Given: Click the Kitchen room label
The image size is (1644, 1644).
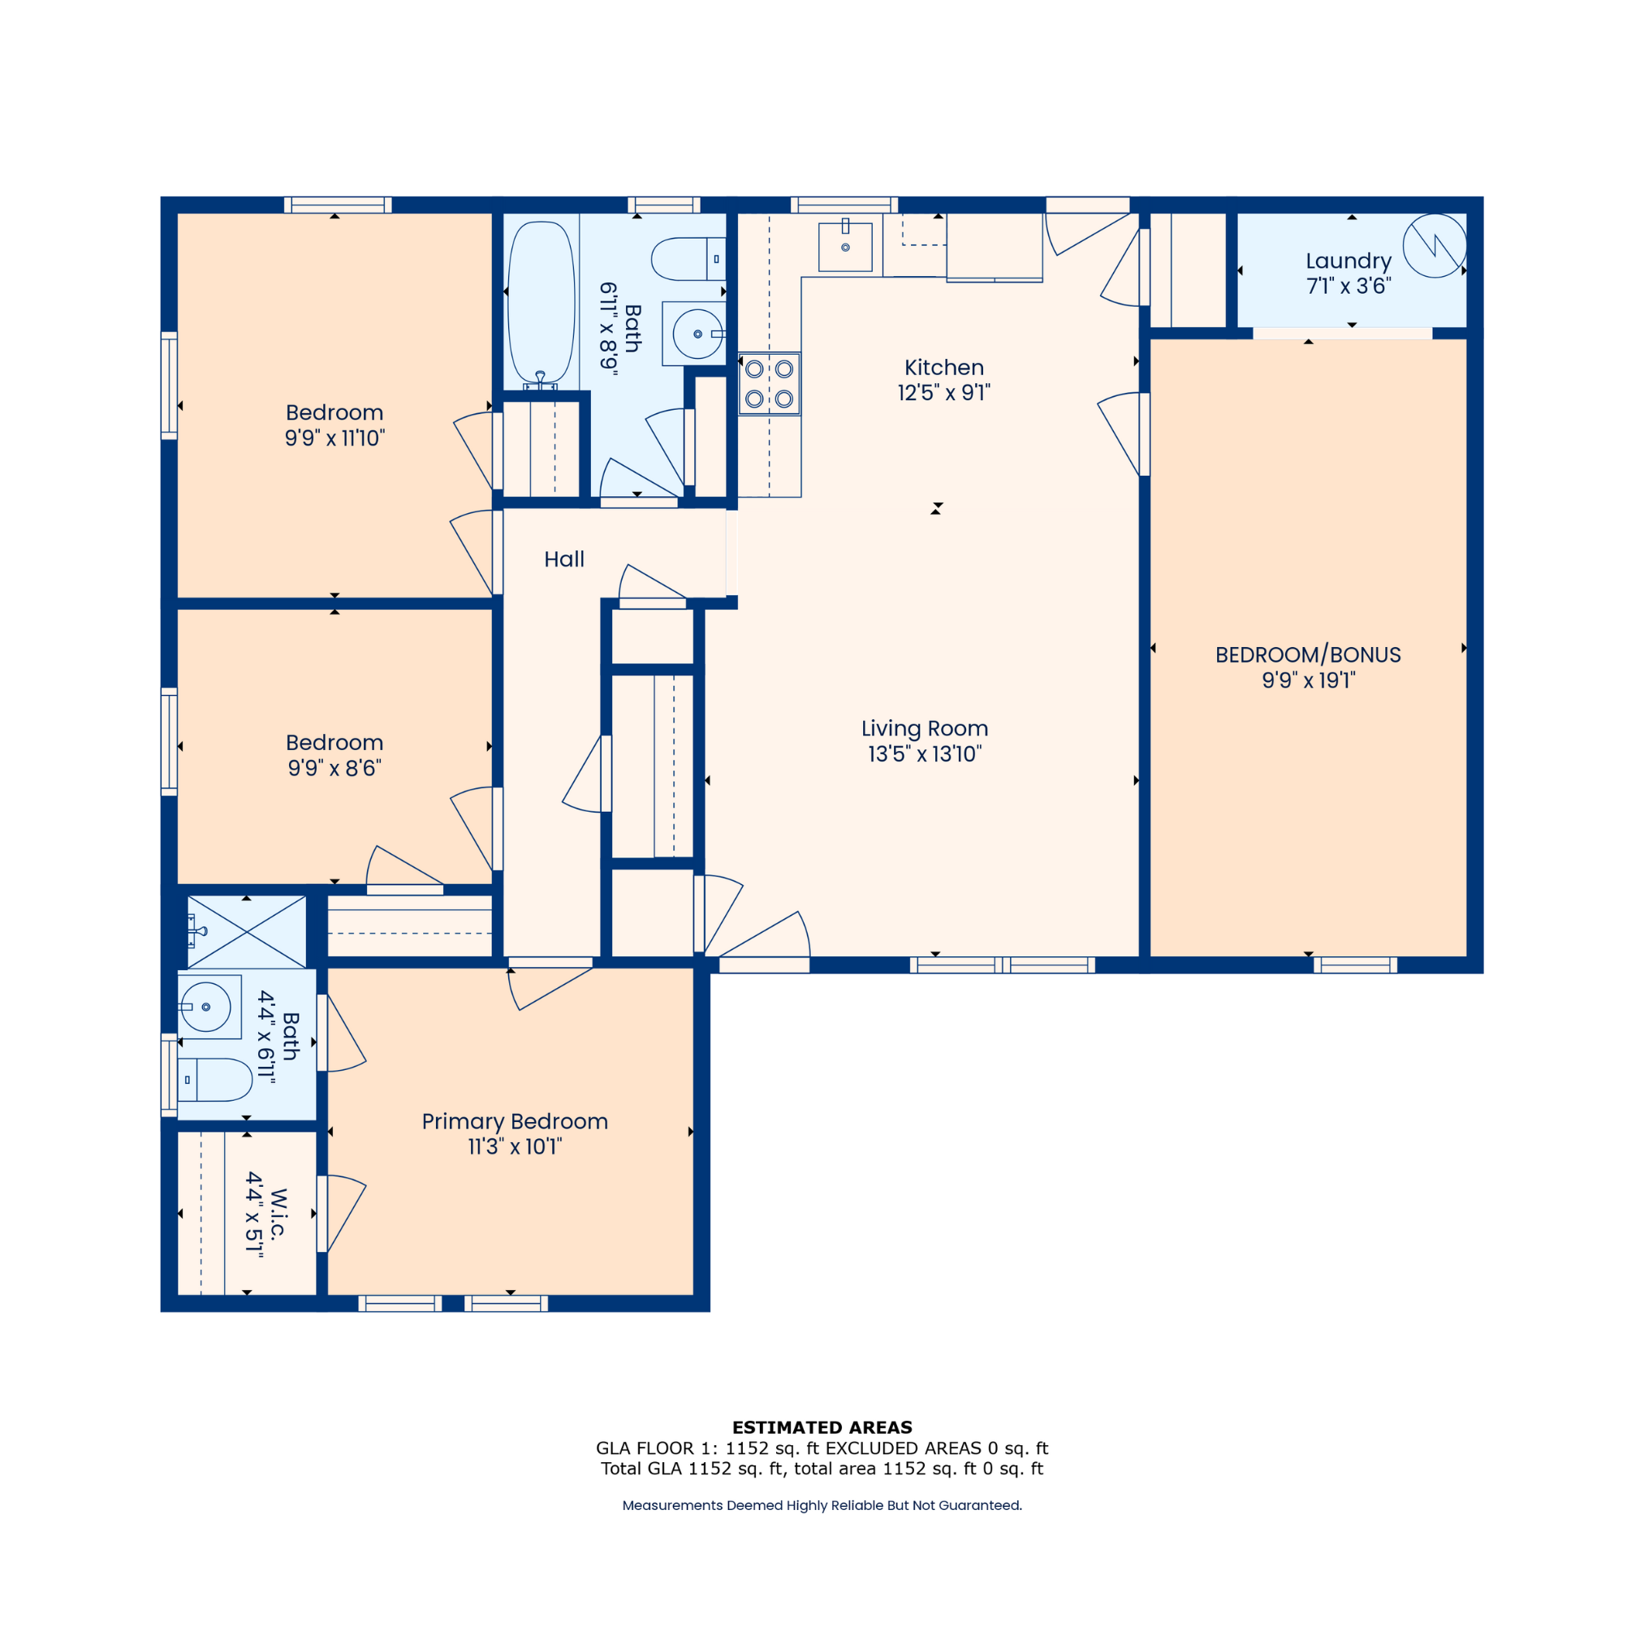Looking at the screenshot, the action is (943, 368).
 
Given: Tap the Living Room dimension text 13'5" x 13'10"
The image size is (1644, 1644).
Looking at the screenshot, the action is (924, 754).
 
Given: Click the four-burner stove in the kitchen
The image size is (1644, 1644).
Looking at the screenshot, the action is (770, 384).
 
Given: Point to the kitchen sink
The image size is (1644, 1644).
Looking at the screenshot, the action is (845, 247).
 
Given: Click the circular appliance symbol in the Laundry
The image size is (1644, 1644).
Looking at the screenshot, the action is (1435, 245).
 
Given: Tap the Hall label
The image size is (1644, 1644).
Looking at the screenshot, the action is (564, 559).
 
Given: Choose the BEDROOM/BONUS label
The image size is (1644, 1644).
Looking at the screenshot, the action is (1308, 654).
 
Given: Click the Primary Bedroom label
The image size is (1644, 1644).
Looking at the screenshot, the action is (515, 1121).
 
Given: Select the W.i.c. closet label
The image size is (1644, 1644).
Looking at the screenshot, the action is (278, 1214).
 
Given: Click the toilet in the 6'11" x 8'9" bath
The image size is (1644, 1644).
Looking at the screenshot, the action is (688, 259).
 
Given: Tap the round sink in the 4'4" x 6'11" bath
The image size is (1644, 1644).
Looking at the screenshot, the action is (206, 1007).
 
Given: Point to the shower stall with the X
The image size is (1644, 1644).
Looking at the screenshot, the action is (247, 932).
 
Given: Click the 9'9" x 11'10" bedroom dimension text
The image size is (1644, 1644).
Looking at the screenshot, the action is (334, 438).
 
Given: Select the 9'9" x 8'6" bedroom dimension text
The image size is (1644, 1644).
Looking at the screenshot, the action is (334, 768).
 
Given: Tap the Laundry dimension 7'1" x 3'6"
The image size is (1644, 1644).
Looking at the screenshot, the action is (1348, 286).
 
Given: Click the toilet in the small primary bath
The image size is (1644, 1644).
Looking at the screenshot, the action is (215, 1080).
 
